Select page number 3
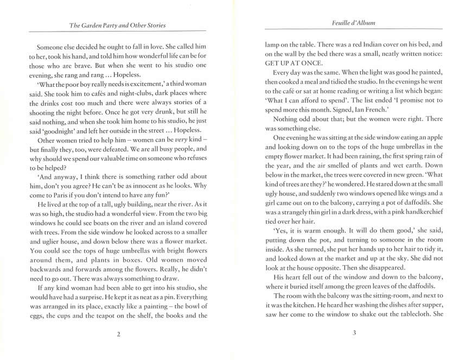pyautogui.click(x=354, y=333)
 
